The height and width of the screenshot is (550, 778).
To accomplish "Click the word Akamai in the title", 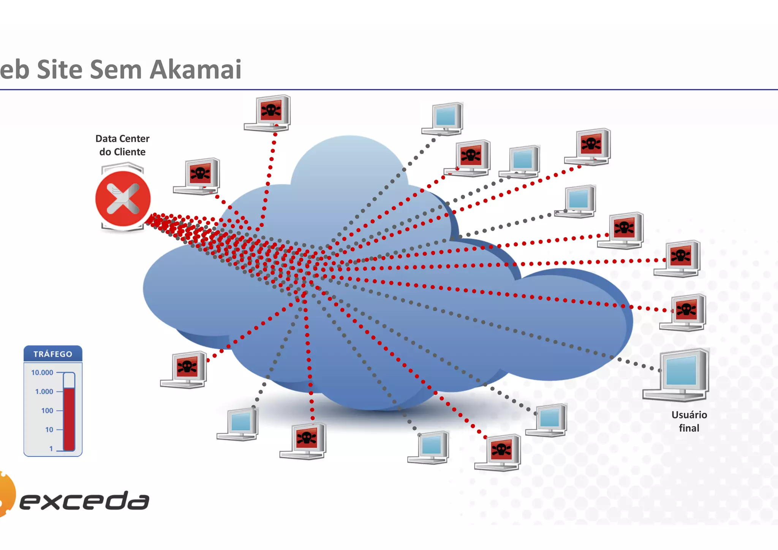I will click(x=196, y=70).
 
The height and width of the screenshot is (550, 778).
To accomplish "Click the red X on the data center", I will click(x=123, y=198).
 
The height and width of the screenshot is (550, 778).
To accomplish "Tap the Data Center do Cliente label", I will click(x=122, y=145).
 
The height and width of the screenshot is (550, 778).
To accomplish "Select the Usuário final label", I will click(x=689, y=421).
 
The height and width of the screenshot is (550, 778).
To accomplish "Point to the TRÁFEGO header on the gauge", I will click(x=53, y=354).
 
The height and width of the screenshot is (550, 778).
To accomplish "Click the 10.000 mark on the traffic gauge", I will click(x=42, y=372).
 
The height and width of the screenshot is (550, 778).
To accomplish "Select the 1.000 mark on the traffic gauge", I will click(x=44, y=391).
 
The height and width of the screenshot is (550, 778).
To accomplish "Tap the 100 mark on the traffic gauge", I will click(x=47, y=411).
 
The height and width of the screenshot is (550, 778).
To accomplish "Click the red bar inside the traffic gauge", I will click(x=69, y=418).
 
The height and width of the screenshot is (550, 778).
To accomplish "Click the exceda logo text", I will click(x=84, y=501).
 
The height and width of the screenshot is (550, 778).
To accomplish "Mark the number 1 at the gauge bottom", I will click(x=51, y=449).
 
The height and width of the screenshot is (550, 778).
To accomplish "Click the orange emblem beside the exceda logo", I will click(x=6, y=494).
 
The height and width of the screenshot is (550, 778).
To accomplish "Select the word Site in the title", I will click(x=60, y=70).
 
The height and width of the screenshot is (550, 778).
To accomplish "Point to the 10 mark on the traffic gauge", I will click(x=49, y=430).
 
